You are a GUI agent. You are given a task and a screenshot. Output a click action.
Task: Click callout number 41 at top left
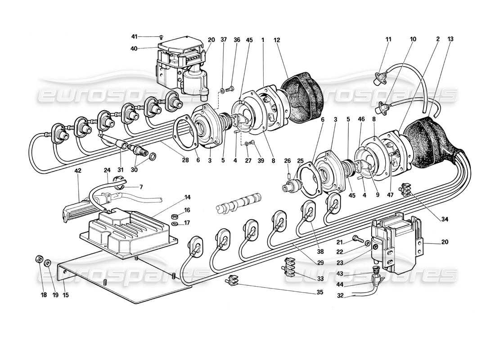point(135,36)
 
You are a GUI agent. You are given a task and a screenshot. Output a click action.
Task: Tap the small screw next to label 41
point(160,37)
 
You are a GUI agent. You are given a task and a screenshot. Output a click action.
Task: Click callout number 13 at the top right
point(450,40)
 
